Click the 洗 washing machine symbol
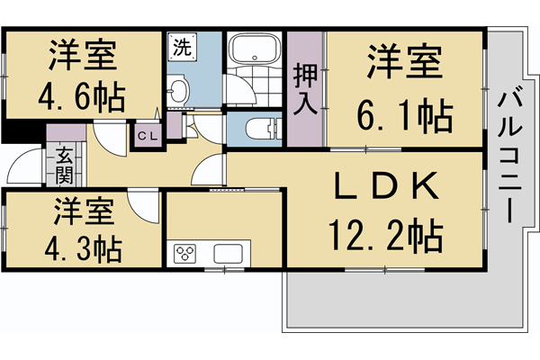point(183,47)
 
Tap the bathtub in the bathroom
point(255,49)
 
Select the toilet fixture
point(264,128)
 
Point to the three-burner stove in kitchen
point(184,254)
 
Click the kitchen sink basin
point(228,254)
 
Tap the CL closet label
point(148,136)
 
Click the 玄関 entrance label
point(65,166)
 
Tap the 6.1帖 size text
point(404,116)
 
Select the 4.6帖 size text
point(81,96)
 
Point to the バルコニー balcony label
point(509,154)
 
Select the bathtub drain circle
point(255,58)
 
